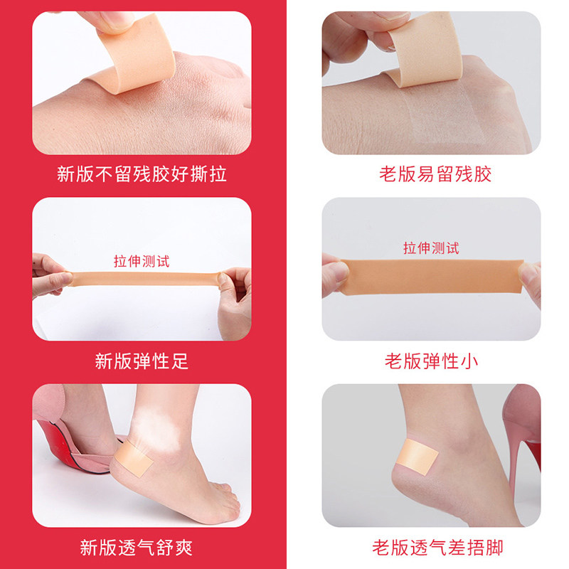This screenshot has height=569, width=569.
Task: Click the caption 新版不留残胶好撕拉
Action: [142, 174]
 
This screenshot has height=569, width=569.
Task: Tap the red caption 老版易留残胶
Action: [435, 174]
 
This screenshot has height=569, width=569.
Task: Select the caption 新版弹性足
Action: [142, 361]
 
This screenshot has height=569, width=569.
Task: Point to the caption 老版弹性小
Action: [432, 361]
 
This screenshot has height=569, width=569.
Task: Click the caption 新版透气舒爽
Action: [137, 548]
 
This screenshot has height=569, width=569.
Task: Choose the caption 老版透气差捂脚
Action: [437, 548]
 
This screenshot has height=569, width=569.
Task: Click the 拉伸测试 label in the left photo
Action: [142, 261]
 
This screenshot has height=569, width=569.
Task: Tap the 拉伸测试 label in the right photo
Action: [431, 248]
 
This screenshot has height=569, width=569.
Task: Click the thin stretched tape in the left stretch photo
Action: [144, 279]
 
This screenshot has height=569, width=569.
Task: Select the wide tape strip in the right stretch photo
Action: [432, 277]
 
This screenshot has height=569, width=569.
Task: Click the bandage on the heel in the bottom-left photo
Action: [134, 458]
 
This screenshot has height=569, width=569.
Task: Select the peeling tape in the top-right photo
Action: [422, 50]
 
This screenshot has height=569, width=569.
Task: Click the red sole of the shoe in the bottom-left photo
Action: [69, 448]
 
